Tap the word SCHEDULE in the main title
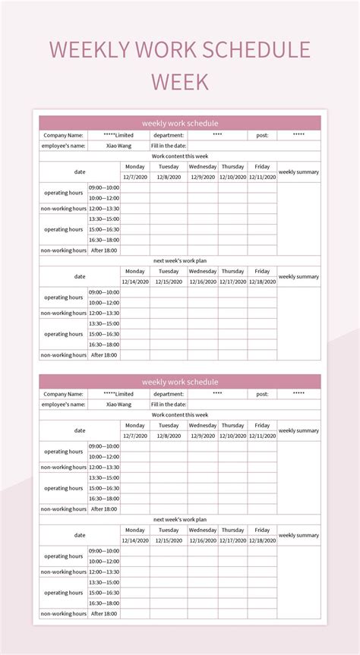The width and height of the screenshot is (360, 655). (x=253, y=49)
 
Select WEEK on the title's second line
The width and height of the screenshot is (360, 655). (x=179, y=81)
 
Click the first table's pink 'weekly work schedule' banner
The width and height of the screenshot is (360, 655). (x=180, y=123)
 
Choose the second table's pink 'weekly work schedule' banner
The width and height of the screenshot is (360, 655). (x=180, y=382)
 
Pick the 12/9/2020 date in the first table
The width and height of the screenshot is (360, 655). (x=203, y=177)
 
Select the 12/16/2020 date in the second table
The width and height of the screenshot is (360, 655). (x=203, y=540)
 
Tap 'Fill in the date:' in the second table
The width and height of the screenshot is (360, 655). (x=169, y=405)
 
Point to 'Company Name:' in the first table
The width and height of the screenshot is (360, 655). (x=64, y=135)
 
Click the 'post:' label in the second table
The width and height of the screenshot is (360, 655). (x=262, y=394)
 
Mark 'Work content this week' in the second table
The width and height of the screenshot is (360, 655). (x=180, y=415)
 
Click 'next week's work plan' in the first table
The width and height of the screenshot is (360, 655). (x=180, y=260)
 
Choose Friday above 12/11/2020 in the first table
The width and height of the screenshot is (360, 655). (x=262, y=166)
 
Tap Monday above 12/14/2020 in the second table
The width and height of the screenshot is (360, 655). (x=135, y=530)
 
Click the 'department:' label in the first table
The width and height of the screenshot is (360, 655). (x=169, y=135)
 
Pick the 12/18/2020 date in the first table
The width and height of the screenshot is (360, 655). (x=262, y=282)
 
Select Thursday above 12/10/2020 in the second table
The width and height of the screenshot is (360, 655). (x=233, y=425)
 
